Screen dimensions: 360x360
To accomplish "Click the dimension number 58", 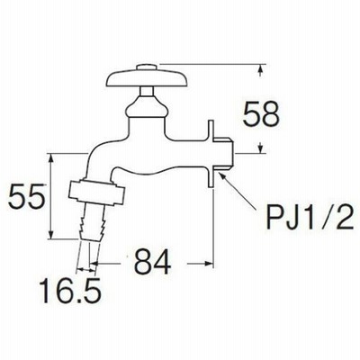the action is coord(261,114).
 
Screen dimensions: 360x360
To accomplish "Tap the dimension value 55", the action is coord(27,196).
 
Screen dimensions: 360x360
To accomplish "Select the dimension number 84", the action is coord(152,263).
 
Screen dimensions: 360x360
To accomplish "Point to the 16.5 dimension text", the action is coord(70,290).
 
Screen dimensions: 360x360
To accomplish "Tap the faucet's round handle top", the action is coord(147,78).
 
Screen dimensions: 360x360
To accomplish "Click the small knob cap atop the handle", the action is coord(147,67).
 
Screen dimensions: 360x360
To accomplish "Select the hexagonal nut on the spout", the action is coord(96,192).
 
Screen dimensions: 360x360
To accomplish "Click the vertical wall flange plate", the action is coord(211,154).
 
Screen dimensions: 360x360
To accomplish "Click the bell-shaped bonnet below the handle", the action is coord(146,107).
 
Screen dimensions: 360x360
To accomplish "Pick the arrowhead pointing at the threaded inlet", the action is coord(221,176).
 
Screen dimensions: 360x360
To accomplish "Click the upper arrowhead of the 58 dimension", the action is coord(260,68).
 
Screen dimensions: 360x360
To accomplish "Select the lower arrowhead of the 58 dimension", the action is coord(260,148).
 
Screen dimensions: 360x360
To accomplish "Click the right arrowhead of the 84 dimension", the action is coord(209,264).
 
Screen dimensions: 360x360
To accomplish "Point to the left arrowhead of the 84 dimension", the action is coord(94,264).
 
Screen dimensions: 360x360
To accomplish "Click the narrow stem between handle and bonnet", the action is coord(147,92).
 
